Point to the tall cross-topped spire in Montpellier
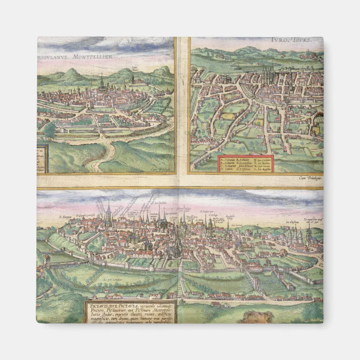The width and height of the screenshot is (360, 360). pos(102,81)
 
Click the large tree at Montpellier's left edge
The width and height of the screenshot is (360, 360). pos(49,130)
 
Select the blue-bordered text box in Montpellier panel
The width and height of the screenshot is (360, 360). pos(42,158)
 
